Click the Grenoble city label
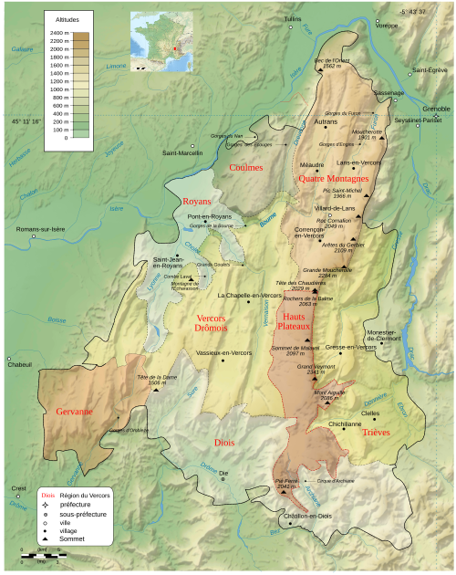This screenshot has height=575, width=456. [x=436, y=108]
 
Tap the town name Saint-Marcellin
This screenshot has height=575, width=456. [x=182, y=152]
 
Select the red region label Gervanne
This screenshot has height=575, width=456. [x=74, y=412]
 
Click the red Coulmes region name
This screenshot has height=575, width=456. [x=245, y=167]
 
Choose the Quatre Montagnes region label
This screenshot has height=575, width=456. [x=333, y=179]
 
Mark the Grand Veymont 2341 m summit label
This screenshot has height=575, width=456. [x=311, y=370]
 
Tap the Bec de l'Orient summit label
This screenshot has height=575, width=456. [x=332, y=63]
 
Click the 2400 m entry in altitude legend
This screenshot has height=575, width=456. [x=62, y=33]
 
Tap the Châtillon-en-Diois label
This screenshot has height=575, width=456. [x=311, y=517]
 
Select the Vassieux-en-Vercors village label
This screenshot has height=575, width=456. [x=223, y=352]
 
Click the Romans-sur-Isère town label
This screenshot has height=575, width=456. [x=40, y=228]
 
